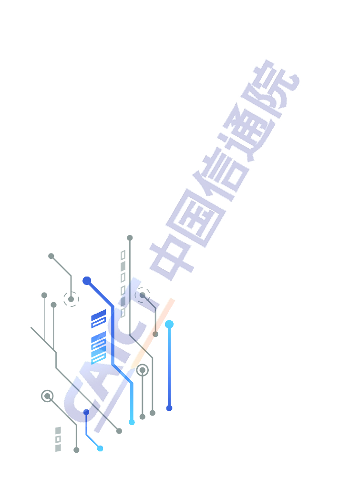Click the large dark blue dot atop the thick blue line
pyautogui.click(x=87, y=281)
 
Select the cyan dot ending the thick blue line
pyautogui.click(x=132, y=422)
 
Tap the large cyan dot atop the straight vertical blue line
pyautogui.click(x=169, y=325)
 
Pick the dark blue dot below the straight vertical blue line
pyautogui.click(x=169, y=408)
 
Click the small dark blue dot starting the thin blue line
pyautogui.click(x=86, y=412)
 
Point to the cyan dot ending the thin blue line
pyautogui.click(x=100, y=448)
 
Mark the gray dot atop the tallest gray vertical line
pyautogui.click(x=130, y=238)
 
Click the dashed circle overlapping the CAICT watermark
pyautogui.click(x=142, y=295)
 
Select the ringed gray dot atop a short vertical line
pyautogui.click(x=142, y=370)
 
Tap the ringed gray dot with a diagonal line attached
pyautogui.click(x=47, y=396)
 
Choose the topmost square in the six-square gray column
pyautogui.click(x=123, y=255)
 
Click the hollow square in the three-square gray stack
pyautogui.click(x=58, y=439)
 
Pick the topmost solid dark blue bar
pyautogui.click(x=98, y=315)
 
